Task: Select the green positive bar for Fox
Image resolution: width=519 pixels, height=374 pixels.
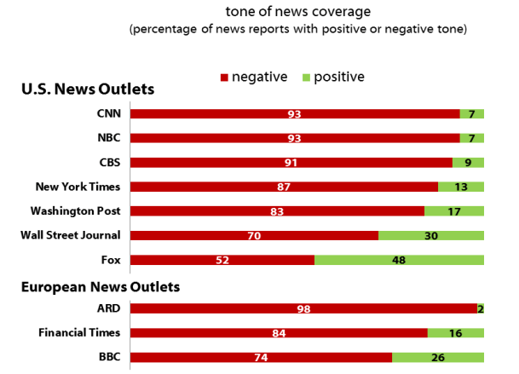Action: click(399, 260)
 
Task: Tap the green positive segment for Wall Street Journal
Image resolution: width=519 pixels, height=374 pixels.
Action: click(431, 235)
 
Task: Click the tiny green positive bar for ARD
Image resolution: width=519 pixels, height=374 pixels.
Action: click(481, 308)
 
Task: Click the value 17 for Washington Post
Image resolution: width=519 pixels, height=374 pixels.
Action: click(454, 211)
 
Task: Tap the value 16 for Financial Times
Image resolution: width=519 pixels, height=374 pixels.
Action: click(455, 333)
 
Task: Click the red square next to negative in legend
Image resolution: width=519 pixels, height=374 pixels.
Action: click(224, 78)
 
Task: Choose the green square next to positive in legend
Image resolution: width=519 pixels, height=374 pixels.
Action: click(306, 78)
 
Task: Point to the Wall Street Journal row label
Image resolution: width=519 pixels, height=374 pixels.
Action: click(78, 235)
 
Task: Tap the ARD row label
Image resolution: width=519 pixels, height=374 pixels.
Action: click(107, 308)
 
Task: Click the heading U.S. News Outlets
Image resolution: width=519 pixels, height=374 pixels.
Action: click(87, 89)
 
